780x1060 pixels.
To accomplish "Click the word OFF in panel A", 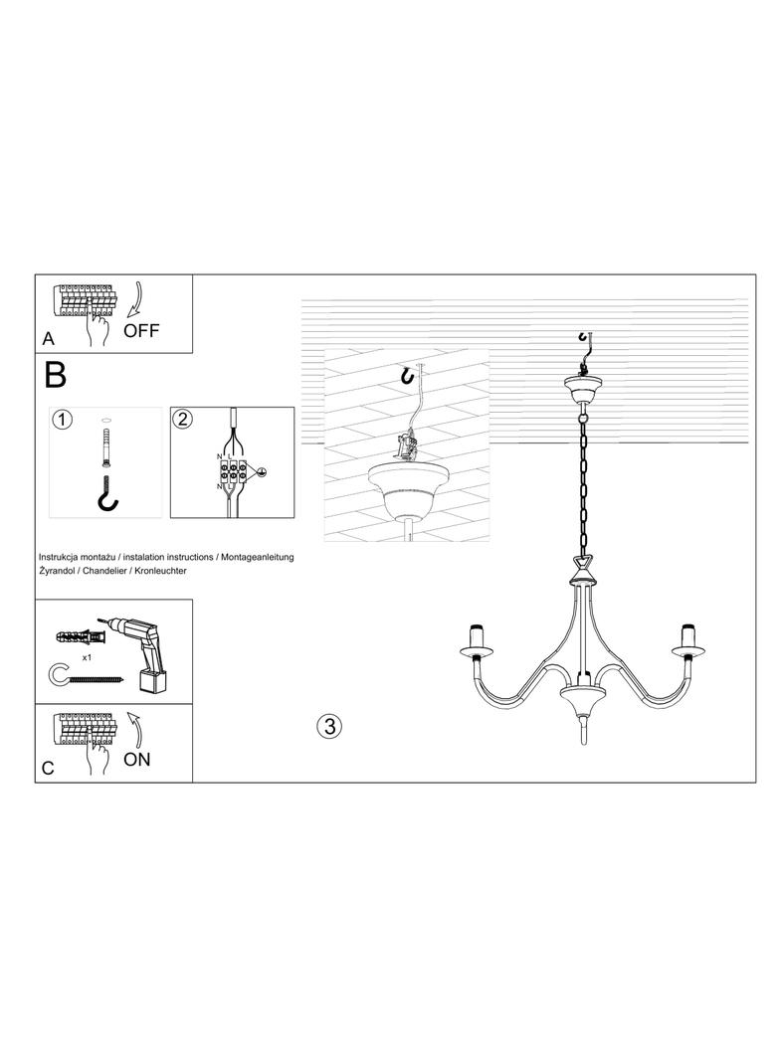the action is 141,330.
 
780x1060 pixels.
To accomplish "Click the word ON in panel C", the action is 136,759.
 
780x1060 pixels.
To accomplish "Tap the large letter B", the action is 55,375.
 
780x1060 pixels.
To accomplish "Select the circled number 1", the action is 62,420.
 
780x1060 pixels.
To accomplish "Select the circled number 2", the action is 182,420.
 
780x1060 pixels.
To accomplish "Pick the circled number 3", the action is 329,726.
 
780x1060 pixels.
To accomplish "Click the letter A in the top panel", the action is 48,339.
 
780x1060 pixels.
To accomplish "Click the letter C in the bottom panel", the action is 48,769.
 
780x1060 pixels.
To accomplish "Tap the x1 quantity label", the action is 87,657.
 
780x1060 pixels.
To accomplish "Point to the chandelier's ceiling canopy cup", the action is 582,389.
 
